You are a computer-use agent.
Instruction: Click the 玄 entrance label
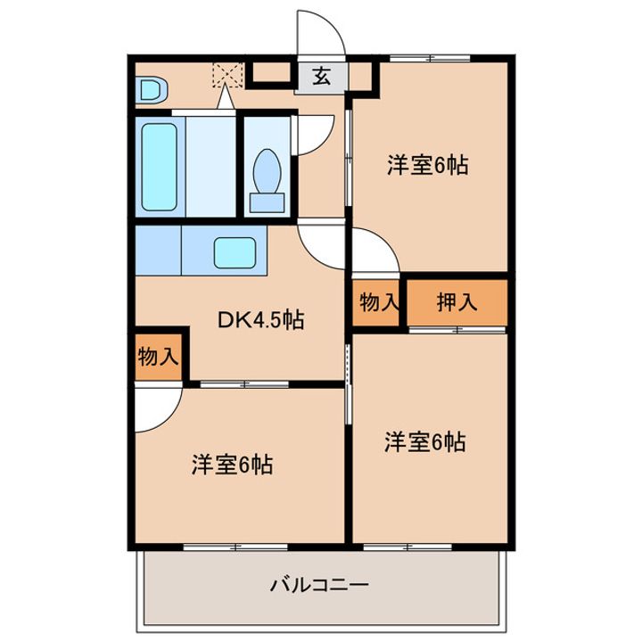tap(322, 76)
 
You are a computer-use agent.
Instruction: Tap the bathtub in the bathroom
tap(160, 167)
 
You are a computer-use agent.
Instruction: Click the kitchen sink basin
tap(235, 253)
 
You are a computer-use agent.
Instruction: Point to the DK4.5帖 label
tap(260, 320)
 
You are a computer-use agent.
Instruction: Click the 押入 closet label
tap(457, 302)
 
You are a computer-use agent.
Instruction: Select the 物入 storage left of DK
tap(158, 357)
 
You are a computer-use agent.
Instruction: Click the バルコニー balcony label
tap(319, 584)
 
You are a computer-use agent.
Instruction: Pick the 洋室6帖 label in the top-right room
tap(428, 165)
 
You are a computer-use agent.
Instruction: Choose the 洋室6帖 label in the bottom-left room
tap(232, 465)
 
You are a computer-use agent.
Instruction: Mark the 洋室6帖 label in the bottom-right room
tap(425, 442)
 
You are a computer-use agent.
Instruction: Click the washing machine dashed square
tap(227, 75)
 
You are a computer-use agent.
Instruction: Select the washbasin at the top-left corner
tap(152, 90)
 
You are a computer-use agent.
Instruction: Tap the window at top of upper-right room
tap(430, 59)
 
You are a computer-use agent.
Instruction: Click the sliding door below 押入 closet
tap(457, 330)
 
